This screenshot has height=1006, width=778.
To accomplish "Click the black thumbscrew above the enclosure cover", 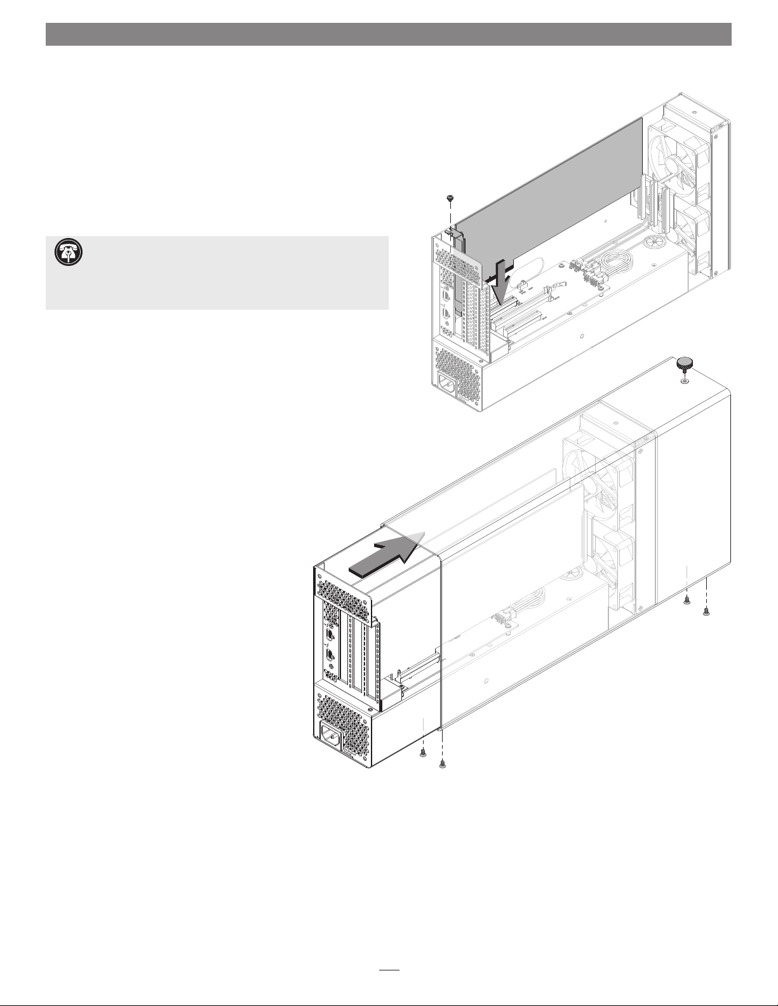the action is click(684, 364).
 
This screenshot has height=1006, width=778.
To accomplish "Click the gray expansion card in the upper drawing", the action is click(559, 190).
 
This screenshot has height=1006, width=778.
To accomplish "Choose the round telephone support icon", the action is click(65, 252).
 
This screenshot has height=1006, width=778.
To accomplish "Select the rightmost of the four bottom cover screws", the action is click(706, 612).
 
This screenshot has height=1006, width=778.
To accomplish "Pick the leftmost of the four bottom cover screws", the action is click(423, 753).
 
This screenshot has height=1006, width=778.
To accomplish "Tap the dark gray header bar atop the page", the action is click(389, 34).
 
